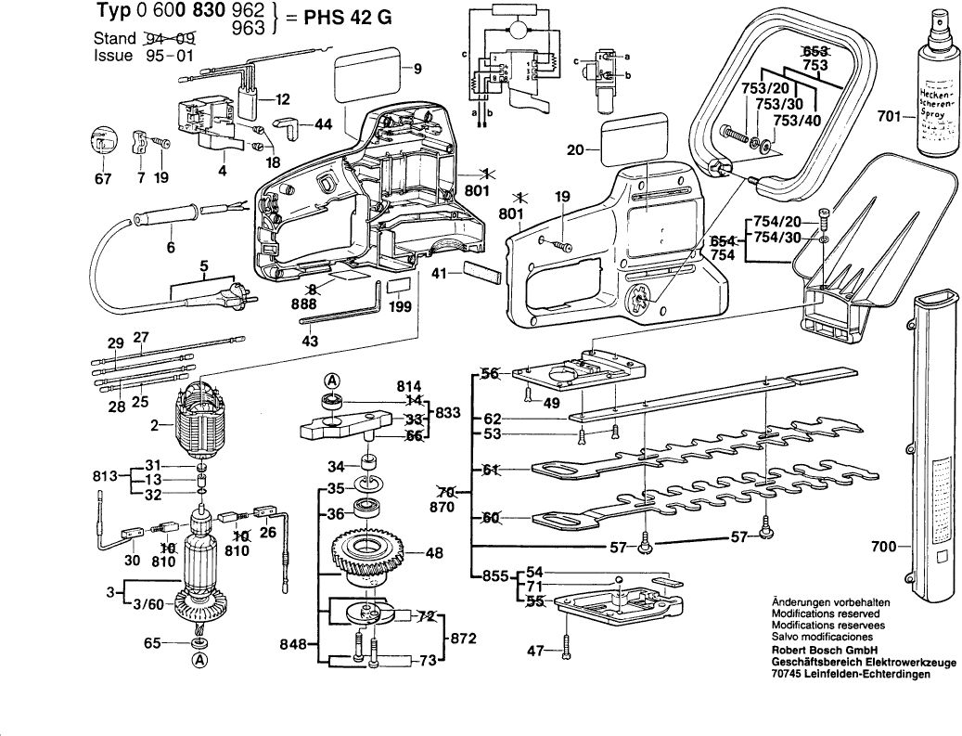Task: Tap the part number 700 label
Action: (x=884, y=547)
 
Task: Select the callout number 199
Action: (x=401, y=306)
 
